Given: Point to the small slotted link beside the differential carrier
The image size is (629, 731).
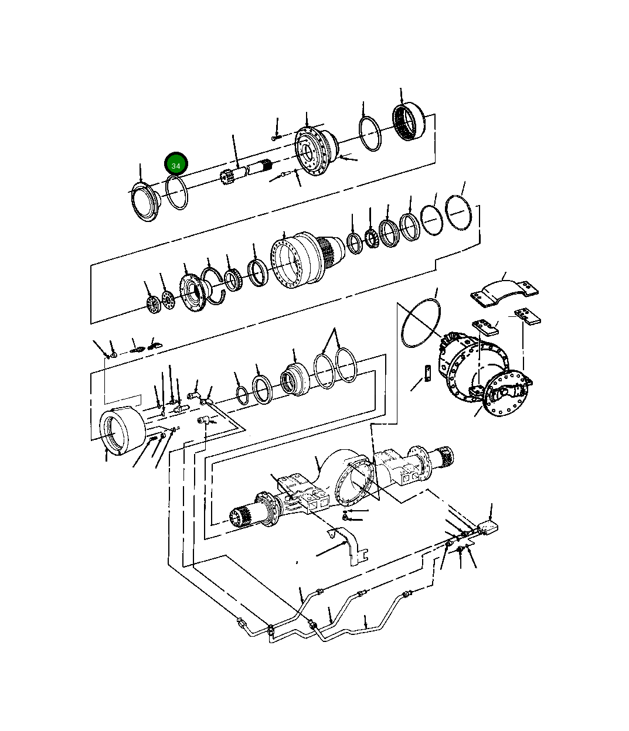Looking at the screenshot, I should tap(429, 372).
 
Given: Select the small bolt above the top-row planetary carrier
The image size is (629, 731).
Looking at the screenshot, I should tap(276, 139).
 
